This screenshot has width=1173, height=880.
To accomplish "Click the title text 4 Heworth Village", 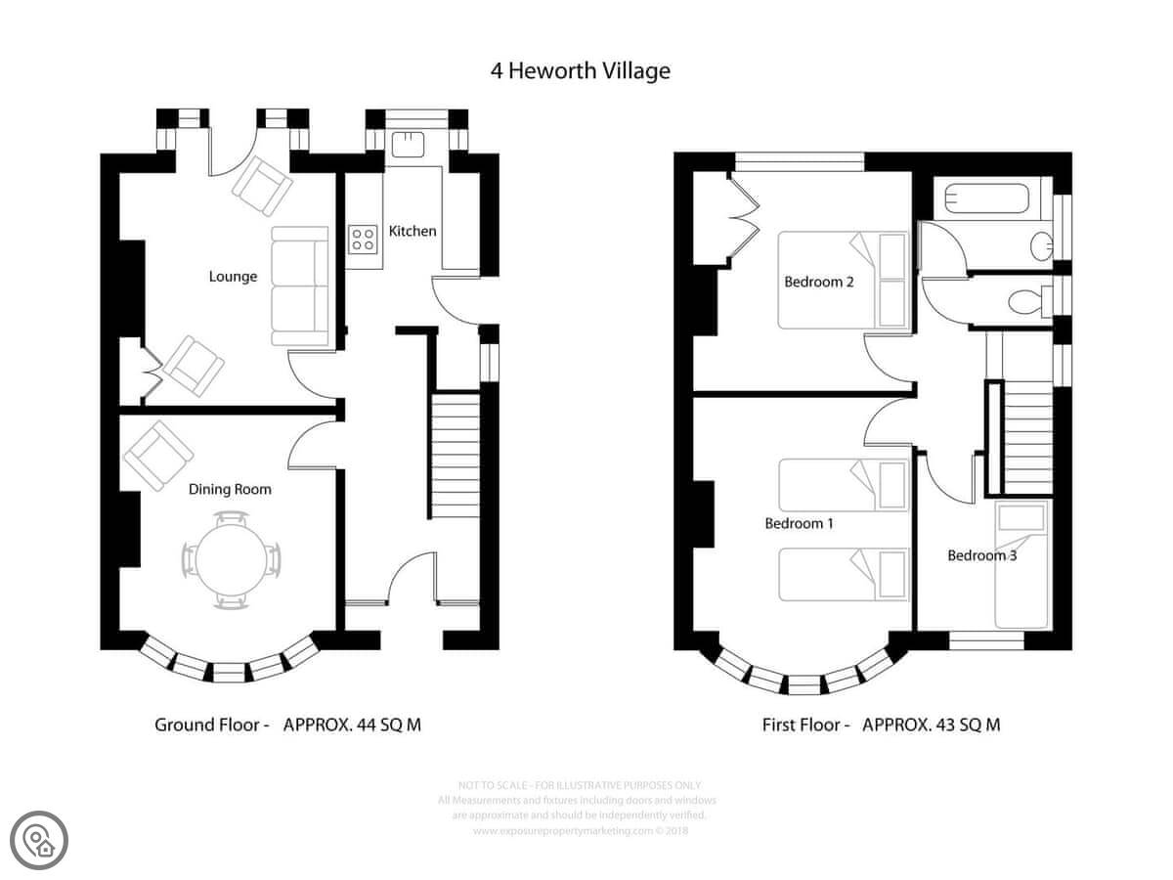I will (x=580, y=71).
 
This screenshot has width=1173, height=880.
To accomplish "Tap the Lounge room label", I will (x=233, y=277).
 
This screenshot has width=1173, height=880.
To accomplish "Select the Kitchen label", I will (x=413, y=232).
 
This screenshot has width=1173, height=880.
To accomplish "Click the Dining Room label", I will (x=230, y=489).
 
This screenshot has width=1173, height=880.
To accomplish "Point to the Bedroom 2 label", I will (x=819, y=283).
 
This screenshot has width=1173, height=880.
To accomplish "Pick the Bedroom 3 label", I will (x=981, y=556).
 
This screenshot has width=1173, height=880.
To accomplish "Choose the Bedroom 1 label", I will (x=799, y=524).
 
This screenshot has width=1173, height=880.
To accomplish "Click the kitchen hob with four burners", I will (x=364, y=239).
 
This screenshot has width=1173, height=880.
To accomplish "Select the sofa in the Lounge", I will (x=300, y=286).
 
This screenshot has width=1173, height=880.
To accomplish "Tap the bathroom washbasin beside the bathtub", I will (x=1042, y=243).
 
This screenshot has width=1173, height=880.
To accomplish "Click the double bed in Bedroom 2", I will (x=843, y=280).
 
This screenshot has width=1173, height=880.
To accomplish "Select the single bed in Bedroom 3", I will (x=1021, y=566).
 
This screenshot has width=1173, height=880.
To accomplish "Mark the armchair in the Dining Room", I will (x=156, y=455).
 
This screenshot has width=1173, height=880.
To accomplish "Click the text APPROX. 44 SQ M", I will (x=352, y=725).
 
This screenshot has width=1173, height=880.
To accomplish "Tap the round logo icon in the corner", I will (x=40, y=839).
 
